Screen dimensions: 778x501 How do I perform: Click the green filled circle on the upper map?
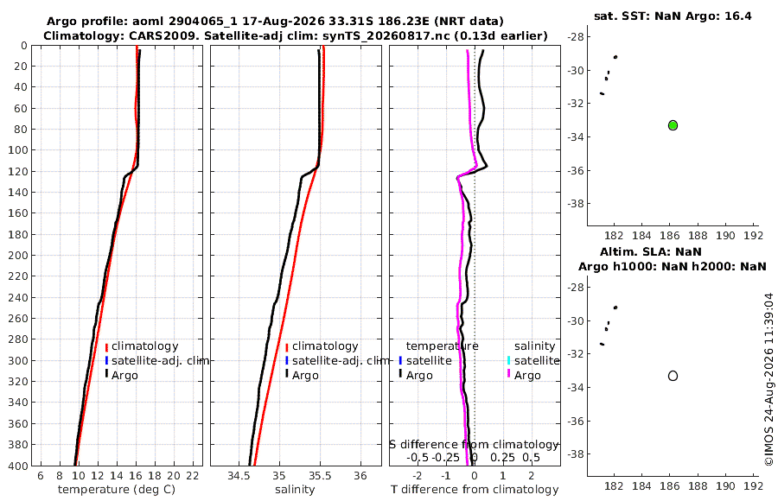click(673, 125)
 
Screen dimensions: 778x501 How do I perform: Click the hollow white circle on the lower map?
click(673, 376)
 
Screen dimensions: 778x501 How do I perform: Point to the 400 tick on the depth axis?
click(17, 466)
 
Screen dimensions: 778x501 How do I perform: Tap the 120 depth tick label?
click(17, 171)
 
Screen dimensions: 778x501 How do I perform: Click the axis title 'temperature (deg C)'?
click(117, 490)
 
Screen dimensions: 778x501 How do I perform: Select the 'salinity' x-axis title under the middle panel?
click(295, 490)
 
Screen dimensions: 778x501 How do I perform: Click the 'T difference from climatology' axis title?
click(475, 490)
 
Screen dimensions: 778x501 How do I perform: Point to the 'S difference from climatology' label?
click(474, 444)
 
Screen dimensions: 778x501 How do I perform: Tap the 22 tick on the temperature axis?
click(193, 476)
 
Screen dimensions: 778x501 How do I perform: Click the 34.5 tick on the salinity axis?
click(239, 476)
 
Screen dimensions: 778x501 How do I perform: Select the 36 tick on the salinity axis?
click(360, 476)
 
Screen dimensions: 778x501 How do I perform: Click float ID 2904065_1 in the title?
click(203, 22)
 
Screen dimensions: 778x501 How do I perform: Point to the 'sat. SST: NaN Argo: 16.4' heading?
click(673, 16)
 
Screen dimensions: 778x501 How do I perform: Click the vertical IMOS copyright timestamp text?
click(769, 379)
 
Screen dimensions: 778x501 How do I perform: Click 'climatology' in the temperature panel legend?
click(144, 346)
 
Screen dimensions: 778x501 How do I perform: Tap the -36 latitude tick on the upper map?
click(575, 171)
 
